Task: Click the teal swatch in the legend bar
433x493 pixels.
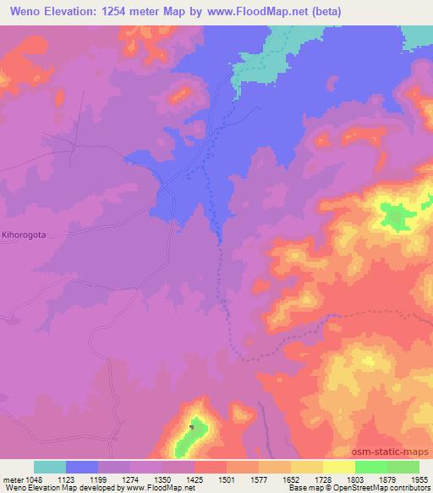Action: coord(50,467)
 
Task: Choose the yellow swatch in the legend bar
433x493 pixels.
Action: coord(339,467)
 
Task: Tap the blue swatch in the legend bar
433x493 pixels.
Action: coord(82,467)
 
